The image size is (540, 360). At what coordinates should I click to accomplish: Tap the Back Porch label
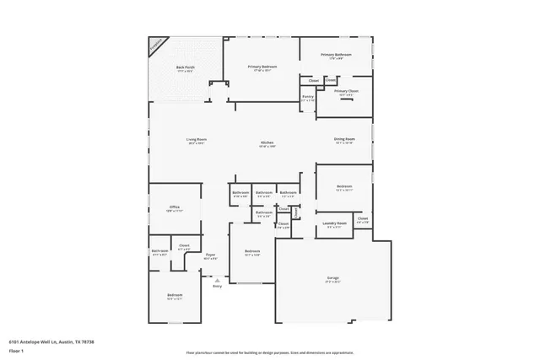(185, 68)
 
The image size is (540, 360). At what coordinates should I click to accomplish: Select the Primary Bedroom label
(262, 67)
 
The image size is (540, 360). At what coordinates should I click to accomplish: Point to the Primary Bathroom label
(336, 56)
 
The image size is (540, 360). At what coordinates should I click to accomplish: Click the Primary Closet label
(346, 91)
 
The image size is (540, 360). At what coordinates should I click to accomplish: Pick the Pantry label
(308, 97)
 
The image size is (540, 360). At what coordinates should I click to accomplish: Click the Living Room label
(197, 140)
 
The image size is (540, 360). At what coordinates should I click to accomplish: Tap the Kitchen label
(267, 143)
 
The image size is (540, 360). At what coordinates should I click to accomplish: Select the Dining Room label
(344, 140)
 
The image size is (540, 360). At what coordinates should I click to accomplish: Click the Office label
(175, 207)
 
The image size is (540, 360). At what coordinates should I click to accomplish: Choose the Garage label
(333, 277)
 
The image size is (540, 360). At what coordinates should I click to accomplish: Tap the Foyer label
(210, 255)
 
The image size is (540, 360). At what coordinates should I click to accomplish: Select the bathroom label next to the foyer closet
(159, 251)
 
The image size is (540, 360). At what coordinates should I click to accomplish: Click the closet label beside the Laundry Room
(362, 219)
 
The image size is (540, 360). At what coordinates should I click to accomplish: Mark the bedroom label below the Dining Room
(344, 187)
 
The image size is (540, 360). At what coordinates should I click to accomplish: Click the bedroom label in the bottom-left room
(175, 295)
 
